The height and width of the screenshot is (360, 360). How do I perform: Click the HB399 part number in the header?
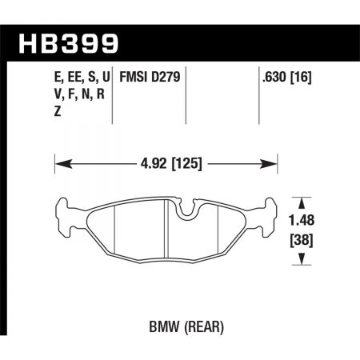tap(69, 42)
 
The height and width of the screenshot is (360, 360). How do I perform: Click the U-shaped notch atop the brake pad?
tap(186, 210)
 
